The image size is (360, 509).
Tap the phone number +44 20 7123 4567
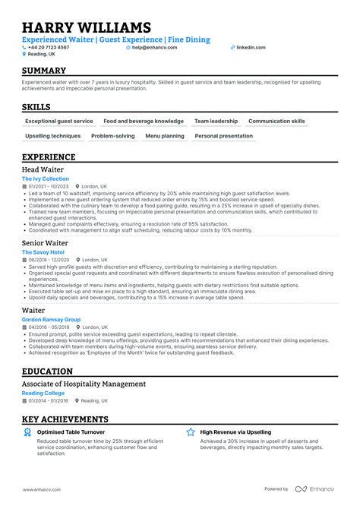49,47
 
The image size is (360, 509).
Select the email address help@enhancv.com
154,47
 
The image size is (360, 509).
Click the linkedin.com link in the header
251,47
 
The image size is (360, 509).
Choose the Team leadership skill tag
216,121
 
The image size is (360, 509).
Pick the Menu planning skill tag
164,136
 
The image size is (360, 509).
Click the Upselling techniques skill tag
52,136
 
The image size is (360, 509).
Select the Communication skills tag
276,121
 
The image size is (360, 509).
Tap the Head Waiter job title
43,169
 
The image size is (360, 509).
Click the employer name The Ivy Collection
45,179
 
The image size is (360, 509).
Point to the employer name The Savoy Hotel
43,251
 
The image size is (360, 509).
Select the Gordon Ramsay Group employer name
51,320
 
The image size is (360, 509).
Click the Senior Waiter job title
46,242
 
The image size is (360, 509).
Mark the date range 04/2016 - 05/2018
49,327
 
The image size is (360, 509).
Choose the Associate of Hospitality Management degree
84,384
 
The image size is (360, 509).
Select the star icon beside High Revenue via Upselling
191,432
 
